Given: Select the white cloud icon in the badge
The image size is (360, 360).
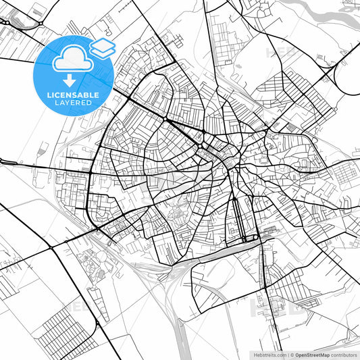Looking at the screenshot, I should coord(70,60).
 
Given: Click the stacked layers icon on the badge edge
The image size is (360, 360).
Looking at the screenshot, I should coord(102,47).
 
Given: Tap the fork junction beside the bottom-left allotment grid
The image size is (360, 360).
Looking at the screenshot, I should coord(97,324).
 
